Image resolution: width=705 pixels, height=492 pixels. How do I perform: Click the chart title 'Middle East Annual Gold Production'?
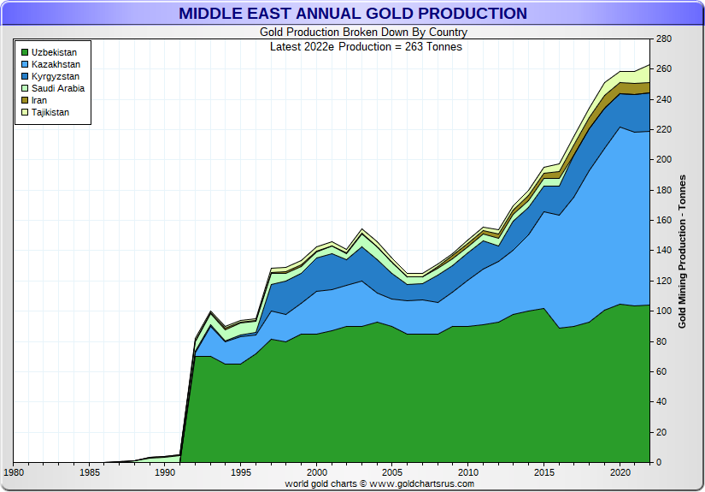[x=352, y=13]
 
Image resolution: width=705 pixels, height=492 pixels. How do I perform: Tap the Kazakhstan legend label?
[x=56, y=64]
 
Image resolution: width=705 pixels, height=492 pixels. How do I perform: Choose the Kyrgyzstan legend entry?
[x=56, y=76]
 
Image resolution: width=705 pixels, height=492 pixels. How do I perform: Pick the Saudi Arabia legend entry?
[x=57, y=88]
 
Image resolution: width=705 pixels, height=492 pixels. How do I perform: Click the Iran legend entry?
[x=40, y=100]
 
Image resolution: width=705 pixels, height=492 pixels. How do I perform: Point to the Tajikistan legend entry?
[x=50, y=112]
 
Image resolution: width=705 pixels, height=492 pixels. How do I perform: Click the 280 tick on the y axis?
[x=664, y=39]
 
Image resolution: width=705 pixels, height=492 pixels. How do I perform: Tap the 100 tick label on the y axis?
[x=664, y=311]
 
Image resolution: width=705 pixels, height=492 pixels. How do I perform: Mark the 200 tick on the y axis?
[x=664, y=160]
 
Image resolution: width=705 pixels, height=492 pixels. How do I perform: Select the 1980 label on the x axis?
[x=15, y=471]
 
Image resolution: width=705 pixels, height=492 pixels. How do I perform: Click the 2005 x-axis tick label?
[x=392, y=471]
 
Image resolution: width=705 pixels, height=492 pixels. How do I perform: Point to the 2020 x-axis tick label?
[x=619, y=471]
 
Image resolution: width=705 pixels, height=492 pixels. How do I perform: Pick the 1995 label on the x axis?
[x=241, y=471]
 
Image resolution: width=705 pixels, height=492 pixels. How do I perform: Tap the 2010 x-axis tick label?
[x=467, y=471]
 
